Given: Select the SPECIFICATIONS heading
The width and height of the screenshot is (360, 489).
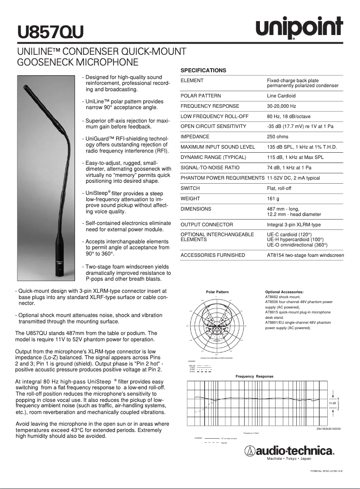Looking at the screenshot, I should (x=203, y=70).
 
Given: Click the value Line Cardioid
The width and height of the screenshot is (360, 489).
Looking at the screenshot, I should (x=281, y=96).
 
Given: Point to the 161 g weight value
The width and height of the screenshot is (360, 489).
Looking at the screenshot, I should (x=273, y=198).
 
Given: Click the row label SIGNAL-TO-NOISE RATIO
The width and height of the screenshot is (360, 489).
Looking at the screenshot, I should (x=210, y=167).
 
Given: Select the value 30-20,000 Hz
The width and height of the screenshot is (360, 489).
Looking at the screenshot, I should (x=281, y=106).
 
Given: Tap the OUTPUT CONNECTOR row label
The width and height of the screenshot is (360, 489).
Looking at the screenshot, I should (x=206, y=225).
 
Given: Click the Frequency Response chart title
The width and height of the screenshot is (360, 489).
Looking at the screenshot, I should (x=255, y=376).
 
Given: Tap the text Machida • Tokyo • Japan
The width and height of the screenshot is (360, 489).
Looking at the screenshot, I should (x=289, y=458).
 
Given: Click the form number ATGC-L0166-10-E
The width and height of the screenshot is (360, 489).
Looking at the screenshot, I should (x=326, y=471).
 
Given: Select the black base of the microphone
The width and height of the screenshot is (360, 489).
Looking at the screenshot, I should (x=59, y=260).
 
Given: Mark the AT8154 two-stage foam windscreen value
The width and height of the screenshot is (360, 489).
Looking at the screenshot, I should (x=305, y=255).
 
